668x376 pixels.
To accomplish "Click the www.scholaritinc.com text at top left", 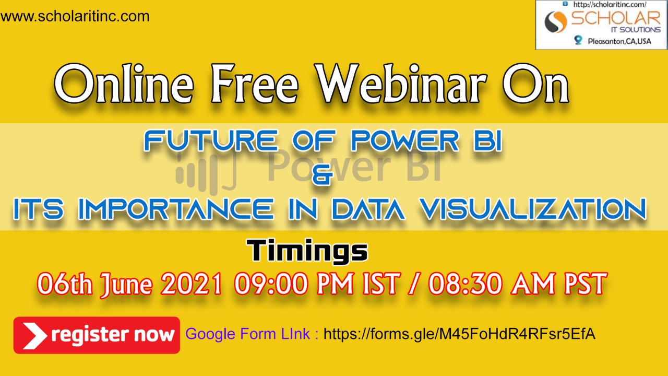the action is [75, 16].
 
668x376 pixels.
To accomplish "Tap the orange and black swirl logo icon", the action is [556, 22].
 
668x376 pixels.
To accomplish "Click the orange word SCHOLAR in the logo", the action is [616, 18].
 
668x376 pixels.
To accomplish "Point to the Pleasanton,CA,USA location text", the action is [619, 41].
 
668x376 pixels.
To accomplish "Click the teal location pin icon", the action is [578, 40].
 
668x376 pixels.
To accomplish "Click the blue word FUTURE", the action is [210, 140].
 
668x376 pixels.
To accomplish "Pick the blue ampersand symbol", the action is [323, 174].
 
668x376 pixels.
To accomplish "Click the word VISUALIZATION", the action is [533, 209].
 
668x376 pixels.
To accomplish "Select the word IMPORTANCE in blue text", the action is [176, 209].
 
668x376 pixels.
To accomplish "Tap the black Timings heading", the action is [307, 251].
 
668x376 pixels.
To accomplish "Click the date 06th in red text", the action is [65, 284].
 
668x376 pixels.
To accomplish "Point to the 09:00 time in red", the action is [271, 283].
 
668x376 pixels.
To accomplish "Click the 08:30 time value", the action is [465, 283].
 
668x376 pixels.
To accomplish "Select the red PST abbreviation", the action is [585, 283].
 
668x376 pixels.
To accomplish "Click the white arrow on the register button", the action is [34, 335].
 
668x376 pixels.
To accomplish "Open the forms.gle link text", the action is [460, 334].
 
